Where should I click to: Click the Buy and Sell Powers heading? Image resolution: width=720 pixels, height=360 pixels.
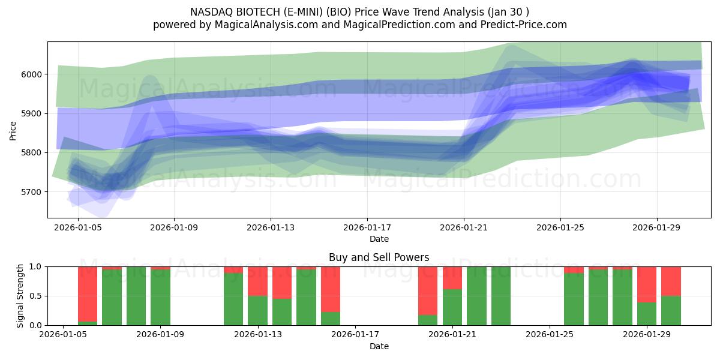click(x=379, y=257)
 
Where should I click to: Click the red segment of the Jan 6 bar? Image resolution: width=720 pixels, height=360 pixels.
click(x=88, y=293)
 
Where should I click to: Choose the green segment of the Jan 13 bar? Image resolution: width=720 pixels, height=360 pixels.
click(x=257, y=310)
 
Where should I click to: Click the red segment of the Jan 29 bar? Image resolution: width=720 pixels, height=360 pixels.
click(x=646, y=284)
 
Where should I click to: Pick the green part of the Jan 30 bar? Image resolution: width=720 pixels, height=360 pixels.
click(x=671, y=310)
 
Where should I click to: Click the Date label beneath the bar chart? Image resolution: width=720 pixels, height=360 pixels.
click(x=379, y=346)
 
